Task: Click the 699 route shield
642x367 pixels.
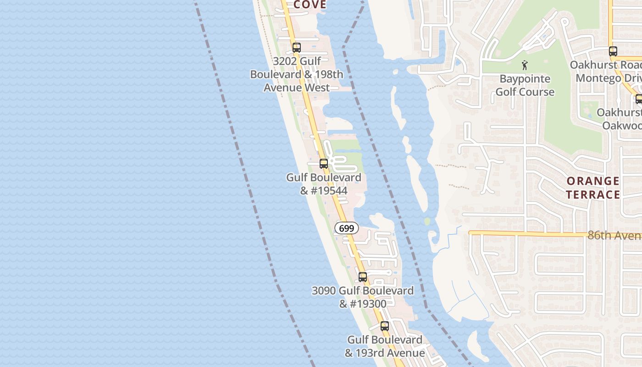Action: (x=347, y=228)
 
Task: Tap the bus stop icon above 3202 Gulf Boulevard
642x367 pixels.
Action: (x=297, y=47)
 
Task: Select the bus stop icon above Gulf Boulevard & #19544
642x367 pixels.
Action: (x=324, y=163)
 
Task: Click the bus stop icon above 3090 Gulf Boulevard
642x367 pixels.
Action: (x=363, y=277)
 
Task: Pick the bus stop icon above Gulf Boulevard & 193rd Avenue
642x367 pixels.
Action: (x=385, y=326)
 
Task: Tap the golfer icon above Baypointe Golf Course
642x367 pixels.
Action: (x=525, y=66)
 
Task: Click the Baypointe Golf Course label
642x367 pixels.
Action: (x=525, y=85)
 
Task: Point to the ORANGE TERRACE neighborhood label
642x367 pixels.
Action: (x=592, y=188)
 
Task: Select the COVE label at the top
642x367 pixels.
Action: (x=310, y=5)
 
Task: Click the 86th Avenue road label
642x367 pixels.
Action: (x=614, y=235)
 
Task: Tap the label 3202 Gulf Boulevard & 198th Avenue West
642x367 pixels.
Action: (x=296, y=74)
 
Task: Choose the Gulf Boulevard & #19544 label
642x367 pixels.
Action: (x=324, y=183)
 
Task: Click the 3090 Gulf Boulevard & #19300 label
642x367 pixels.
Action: (x=363, y=297)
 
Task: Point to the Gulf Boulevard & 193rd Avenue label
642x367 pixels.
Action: (x=385, y=346)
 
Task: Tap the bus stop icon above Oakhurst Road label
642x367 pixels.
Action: (x=613, y=51)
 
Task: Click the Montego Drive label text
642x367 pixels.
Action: (x=608, y=78)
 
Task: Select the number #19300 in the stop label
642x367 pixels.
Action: (x=369, y=304)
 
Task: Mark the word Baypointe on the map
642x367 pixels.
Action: (x=525, y=79)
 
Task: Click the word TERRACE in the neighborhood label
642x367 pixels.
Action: (x=592, y=195)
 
